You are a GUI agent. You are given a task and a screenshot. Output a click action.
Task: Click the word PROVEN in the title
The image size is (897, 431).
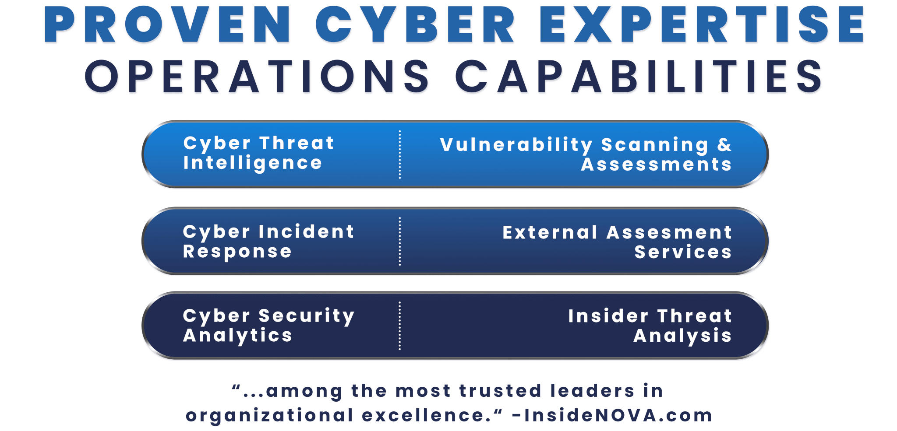click(167, 25)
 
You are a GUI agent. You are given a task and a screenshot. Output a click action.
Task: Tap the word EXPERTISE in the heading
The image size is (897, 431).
click(702, 25)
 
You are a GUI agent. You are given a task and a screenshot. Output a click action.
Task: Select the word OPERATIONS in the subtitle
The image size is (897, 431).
click(257, 77)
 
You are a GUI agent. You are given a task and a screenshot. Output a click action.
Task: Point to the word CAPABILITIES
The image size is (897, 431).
click(639, 77)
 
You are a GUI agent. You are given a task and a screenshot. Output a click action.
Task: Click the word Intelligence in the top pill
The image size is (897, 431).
click(253, 163)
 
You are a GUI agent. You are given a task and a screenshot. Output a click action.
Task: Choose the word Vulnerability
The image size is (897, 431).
click(516, 145)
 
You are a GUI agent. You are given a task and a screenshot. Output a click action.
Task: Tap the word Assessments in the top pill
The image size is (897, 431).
click(656, 165)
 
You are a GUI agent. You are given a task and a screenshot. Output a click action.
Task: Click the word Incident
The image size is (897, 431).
click(306, 231)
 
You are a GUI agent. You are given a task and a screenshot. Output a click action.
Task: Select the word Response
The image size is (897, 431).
click(237, 252)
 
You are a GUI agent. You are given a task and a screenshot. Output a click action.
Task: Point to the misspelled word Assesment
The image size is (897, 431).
click(669, 232)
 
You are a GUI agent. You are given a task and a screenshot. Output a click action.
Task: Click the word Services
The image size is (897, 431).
click(683, 252)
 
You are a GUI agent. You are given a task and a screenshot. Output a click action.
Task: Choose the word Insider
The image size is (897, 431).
click(608, 316)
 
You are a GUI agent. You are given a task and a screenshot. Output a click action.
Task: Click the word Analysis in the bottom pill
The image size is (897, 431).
click(682, 336)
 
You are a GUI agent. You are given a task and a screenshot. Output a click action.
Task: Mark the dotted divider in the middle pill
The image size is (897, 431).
click(400, 241)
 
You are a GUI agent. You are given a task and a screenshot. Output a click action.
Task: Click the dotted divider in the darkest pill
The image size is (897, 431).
click(400, 326)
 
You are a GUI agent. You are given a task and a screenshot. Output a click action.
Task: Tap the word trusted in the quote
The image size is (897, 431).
click(500, 391)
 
